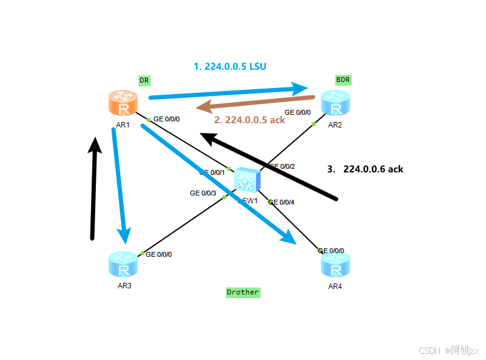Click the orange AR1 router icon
(x=124, y=103)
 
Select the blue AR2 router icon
(x=336, y=103)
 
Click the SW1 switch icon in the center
(x=248, y=180)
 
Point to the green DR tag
(x=144, y=80)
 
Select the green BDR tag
(x=343, y=80)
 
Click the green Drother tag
(x=243, y=292)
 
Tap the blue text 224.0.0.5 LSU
(x=230, y=67)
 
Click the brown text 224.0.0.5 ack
(x=249, y=120)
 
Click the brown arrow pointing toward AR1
(x=255, y=103)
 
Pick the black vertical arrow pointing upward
(x=93, y=188)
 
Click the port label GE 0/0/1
(x=212, y=172)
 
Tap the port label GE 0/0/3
(x=203, y=193)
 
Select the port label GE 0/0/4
(x=281, y=202)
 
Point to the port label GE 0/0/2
(x=282, y=166)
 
